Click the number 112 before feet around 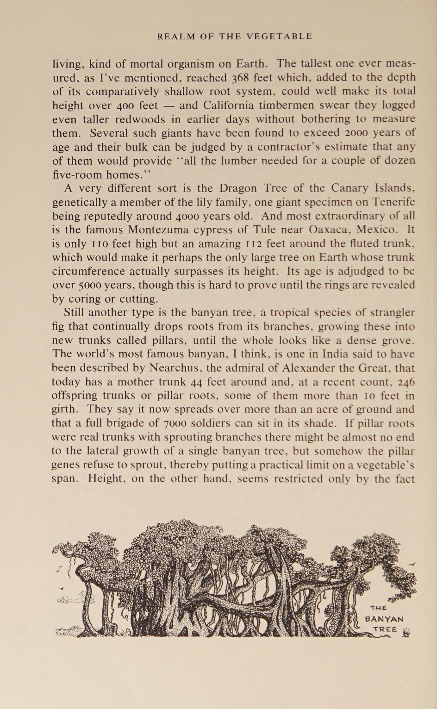[x=250, y=244]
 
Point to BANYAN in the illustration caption [x=384, y=619]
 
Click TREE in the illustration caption [x=386, y=629]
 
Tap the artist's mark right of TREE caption [x=406, y=633]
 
